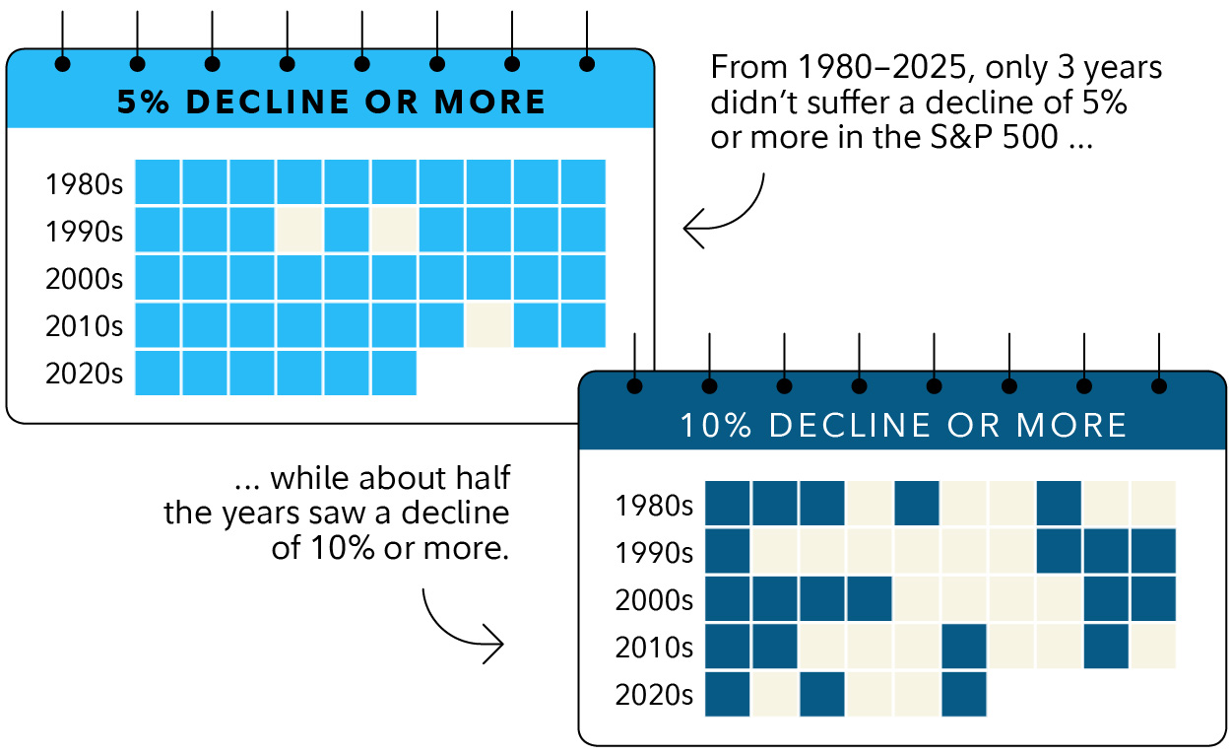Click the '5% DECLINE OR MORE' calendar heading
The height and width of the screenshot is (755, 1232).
[331, 103]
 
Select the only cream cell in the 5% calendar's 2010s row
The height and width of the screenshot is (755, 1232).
[488, 325]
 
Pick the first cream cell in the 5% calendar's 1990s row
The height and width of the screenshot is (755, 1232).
[299, 230]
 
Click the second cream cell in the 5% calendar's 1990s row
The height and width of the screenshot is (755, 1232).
[394, 230]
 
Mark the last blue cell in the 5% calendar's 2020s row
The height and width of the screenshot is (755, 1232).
[394, 373]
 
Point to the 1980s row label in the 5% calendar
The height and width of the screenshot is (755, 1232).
[84, 184]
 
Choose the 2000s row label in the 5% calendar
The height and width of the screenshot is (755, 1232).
[84, 279]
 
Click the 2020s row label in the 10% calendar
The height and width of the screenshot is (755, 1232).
[654, 695]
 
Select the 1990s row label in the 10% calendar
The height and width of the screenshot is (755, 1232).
[654, 553]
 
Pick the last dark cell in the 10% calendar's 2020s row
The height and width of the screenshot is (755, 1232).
[965, 694]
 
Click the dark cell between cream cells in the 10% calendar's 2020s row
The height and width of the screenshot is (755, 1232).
[822, 694]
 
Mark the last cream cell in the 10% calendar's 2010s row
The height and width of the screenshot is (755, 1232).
[1154, 647]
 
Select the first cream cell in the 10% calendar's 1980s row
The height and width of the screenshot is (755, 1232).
[870, 505]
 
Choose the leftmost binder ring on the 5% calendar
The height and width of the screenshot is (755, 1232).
[63, 64]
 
